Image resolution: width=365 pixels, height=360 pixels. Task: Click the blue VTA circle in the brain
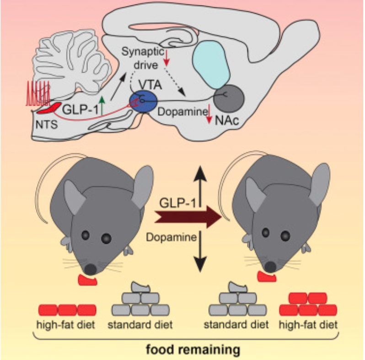pos(143,101)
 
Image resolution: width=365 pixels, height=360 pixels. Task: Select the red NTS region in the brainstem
pos(48,108)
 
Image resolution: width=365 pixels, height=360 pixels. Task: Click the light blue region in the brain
pos(211,64)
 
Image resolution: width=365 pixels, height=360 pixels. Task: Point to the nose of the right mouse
pos(271,266)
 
